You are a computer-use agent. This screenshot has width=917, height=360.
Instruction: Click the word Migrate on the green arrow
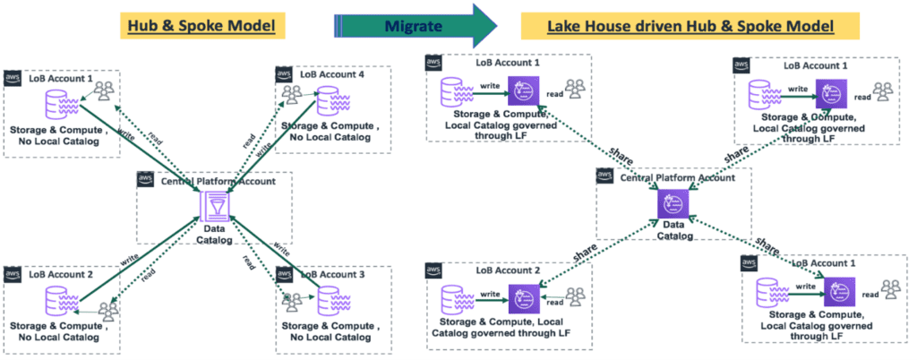coord(415,25)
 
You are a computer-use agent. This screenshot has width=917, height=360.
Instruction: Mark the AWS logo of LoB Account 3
coord(285,273)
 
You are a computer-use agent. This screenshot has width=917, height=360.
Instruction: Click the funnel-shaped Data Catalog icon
coord(214,209)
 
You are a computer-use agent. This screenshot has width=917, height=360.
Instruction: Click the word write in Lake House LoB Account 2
coord(490,294)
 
